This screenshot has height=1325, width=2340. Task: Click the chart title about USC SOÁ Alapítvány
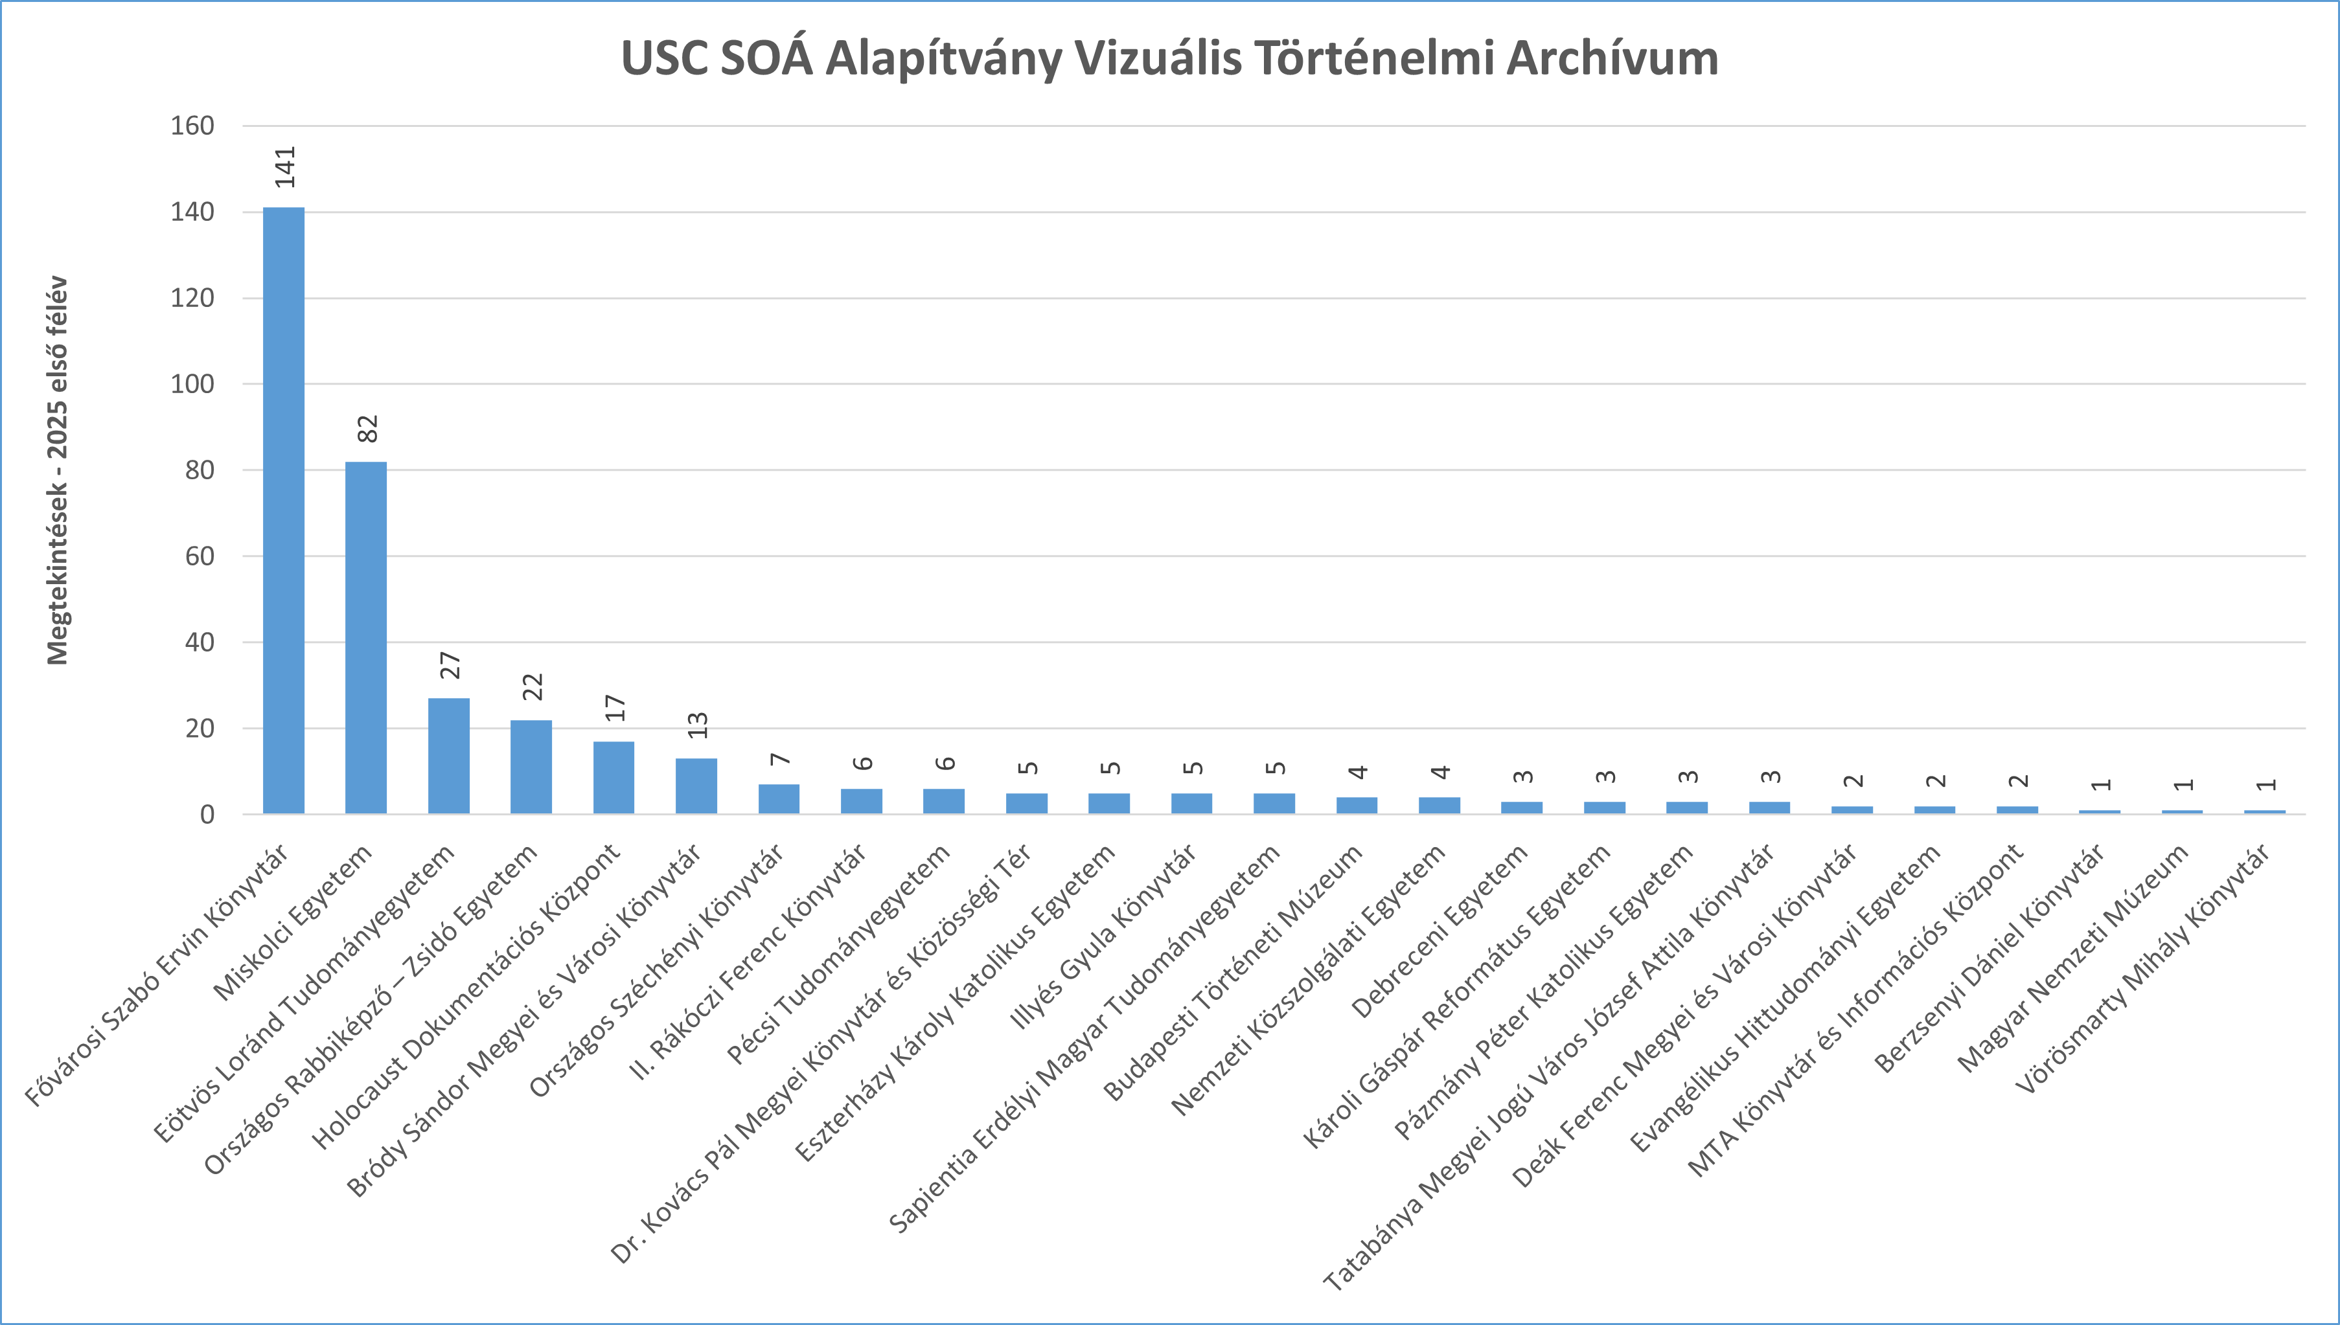coord(1169,58)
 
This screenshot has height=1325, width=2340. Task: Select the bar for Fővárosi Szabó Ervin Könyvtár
coord(284,510)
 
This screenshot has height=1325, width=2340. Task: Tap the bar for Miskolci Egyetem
coord(366,637)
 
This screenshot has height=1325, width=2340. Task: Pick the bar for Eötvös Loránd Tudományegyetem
coord(449,755)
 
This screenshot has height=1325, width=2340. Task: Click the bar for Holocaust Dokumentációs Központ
coord(614,777)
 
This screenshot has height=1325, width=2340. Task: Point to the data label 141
coord(286,166)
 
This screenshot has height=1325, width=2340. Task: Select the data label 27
coord(450,665)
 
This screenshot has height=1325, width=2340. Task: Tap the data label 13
coord(697,725)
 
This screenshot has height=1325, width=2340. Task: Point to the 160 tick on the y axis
coord(192,126)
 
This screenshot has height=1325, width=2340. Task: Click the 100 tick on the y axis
coord(192,384)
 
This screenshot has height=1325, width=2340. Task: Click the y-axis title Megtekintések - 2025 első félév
coord(58,470)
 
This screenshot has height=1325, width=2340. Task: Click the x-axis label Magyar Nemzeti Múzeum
coord(2073,957)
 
